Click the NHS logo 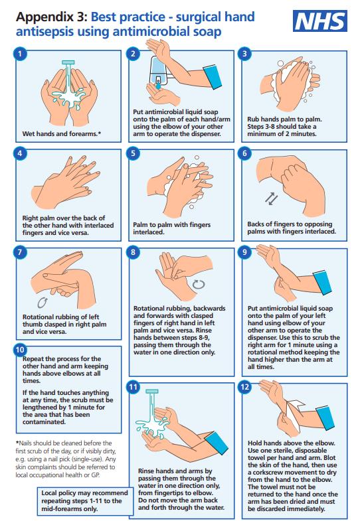coord(319,21)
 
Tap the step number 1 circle coord(20,54)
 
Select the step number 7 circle coord(20,252)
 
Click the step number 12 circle coord(245,387)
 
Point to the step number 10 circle coord(20,350)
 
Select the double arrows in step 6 coord(271,198)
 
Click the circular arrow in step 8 coord(199,284)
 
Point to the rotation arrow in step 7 coord(43,303)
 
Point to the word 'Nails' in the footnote coord(26,443)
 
